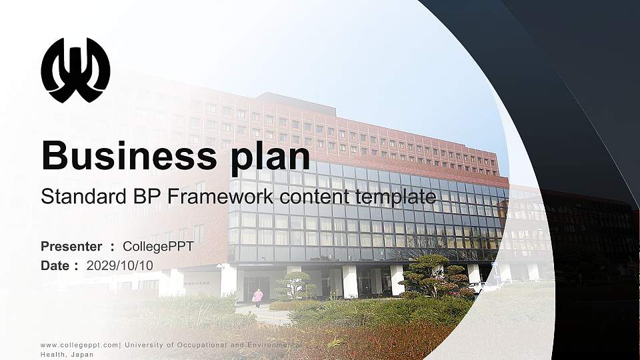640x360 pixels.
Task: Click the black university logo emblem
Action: pos(75,70)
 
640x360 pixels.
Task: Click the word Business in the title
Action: pos(123,155)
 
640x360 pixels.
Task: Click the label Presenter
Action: pos(71,247)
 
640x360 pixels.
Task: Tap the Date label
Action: pos(55,265)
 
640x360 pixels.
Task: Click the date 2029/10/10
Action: pos(120,265)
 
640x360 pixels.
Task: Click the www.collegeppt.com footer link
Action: pos(79,345)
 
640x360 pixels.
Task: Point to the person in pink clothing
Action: pos(258,297)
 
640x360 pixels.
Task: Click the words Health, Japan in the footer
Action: pos(67,355)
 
